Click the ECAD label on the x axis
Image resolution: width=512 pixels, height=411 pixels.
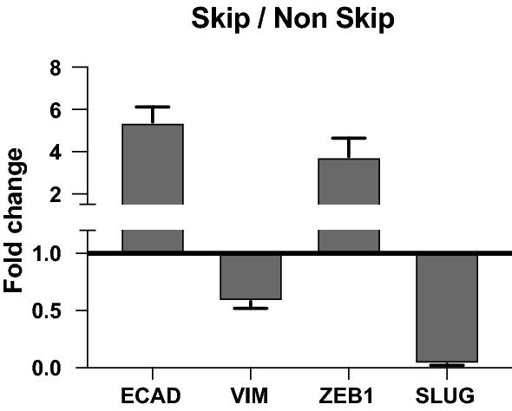(152, 397)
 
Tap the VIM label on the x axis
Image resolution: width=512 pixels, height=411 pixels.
(251, 397)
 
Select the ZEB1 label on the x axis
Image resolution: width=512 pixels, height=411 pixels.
(348, 397)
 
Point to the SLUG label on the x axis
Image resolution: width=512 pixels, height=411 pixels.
(447, 397)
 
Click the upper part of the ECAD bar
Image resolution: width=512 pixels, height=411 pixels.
(152, 165)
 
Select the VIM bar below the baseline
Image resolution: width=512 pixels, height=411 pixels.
(250, 276)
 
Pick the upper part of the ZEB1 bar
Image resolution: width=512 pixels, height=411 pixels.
(348, 182)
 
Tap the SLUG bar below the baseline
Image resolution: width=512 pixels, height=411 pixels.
(447, 307)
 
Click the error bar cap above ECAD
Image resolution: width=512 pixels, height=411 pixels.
(152, 107)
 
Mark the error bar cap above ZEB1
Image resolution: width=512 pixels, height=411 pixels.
(348, 138)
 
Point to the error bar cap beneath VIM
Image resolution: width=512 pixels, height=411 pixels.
(250, 308)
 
